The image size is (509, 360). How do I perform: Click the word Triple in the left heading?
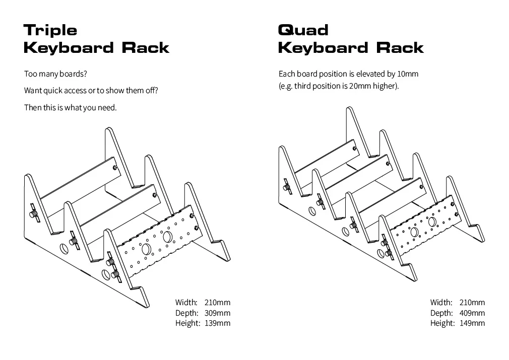(x=50, y=30)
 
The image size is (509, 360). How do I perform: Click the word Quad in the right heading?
(x=303, y=30)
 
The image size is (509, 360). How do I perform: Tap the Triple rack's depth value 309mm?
(x=217, y=313)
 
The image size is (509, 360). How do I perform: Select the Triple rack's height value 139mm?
(x=217, y=323)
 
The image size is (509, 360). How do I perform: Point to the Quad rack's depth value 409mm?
(x=472, y=313)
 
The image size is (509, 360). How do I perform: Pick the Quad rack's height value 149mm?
(x=472, y=323)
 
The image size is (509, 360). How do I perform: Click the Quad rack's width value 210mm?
(x=472, y=302)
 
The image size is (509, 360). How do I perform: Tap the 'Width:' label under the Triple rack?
(x=186, y=302)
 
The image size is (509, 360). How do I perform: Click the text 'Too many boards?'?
(x=55, y=74)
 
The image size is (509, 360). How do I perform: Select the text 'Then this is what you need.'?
(x=70, y=108)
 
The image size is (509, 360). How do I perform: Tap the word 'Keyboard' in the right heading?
(x=323, y=48)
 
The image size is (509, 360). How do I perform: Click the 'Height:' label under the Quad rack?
(x=441, y=323)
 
